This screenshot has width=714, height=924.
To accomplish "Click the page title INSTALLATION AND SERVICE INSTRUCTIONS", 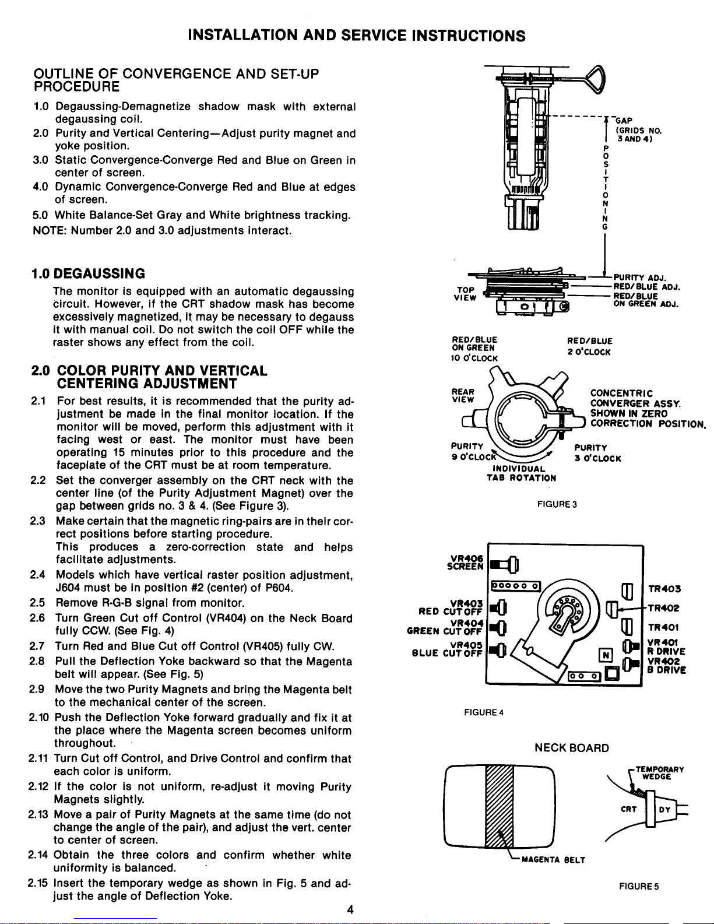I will [x=357, y=36].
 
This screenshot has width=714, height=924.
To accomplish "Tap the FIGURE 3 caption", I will [x=557, y=504].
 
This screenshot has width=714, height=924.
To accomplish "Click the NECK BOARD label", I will [x=572, y=748].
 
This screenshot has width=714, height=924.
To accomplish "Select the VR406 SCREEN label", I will [x=465, y=562].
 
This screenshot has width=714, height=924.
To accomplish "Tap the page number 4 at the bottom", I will [x=350, y=910].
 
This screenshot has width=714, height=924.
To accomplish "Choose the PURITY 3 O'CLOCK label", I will [x=597, y=454].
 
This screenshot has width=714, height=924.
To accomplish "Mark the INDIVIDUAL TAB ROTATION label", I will [x=521, y=473].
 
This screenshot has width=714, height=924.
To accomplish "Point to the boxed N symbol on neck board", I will [x=606, y=655].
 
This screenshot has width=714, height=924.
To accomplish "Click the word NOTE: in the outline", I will [x=49, y=230].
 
